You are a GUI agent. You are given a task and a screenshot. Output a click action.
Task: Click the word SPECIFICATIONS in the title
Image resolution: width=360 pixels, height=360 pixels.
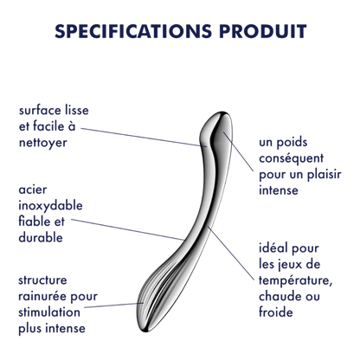[x=133, y=31]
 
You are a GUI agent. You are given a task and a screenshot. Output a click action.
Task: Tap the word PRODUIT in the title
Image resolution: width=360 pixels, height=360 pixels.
[x=263, y=31]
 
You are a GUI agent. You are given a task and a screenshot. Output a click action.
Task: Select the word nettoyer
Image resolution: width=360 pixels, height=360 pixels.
[x=43, y=143]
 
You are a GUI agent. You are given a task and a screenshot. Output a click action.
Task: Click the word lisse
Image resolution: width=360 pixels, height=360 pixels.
[x=75, y=110]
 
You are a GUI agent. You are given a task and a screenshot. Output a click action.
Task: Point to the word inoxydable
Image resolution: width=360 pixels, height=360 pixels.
[x=50, y=206]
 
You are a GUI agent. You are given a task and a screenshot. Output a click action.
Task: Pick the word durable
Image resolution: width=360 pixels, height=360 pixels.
[x=41, y=237]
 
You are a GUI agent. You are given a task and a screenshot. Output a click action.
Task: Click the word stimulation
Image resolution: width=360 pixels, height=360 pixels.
[x=49, y=312]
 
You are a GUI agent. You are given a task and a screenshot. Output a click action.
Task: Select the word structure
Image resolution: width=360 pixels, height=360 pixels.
[x=42, y=280]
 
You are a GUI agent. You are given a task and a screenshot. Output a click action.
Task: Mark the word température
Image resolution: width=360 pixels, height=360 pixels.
[x=296, y=280]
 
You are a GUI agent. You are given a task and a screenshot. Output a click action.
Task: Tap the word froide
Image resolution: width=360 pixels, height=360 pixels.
[x=276, y=312]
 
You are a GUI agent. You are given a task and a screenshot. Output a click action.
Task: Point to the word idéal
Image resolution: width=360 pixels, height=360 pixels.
[x=272, y=248]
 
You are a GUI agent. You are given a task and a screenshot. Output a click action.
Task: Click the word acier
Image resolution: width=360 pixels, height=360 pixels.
[x=33, y=190]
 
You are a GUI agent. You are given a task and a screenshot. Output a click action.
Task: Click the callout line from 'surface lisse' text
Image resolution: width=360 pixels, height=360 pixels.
[x=144, y=138]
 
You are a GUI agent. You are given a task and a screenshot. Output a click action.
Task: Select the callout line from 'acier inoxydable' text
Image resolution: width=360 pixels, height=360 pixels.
[x=127, y=229]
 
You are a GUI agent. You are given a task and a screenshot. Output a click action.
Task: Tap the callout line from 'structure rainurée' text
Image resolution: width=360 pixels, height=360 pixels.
[x=113, y=305]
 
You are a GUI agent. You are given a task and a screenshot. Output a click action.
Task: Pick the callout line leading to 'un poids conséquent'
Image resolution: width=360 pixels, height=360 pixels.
[x=238, y=151]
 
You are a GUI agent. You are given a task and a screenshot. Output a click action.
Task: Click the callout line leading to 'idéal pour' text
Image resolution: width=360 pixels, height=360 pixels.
[x=231, y=253]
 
